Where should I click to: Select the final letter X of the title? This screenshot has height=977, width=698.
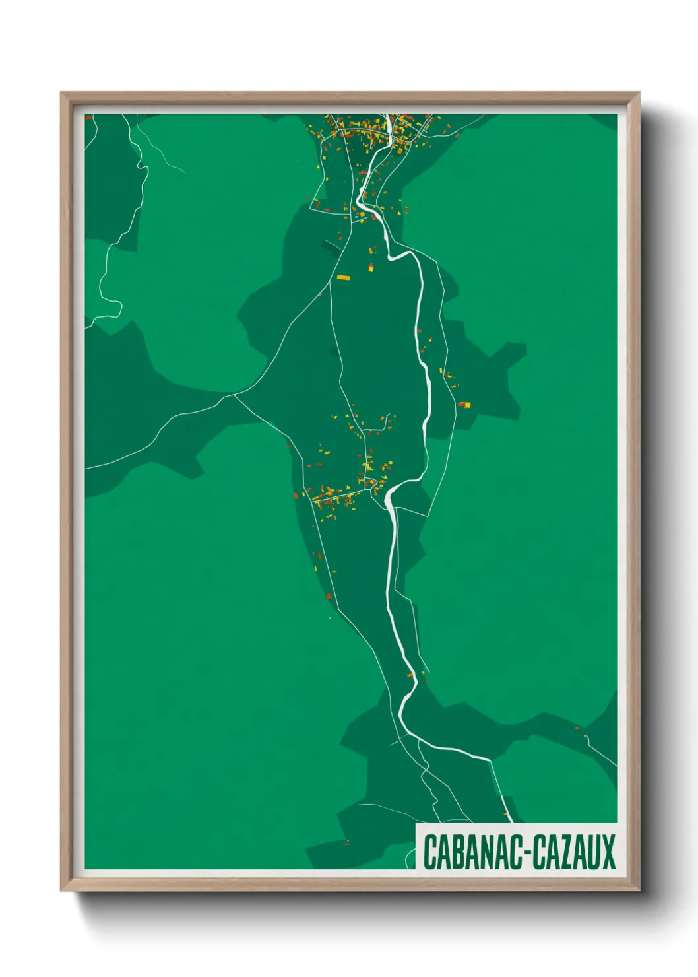point(608,852)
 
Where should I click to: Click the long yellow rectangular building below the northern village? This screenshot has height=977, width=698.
point(343,277)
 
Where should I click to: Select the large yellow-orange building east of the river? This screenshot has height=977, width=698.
point(465,405)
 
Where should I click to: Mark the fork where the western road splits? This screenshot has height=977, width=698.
point(235,396)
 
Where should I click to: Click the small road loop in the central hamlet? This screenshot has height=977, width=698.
point(373,484)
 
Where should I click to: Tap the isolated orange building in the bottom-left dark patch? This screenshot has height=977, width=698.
point(347,842)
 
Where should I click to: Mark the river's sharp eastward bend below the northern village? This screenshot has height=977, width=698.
point(393,256)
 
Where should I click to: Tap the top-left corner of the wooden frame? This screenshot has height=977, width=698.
point(62,94)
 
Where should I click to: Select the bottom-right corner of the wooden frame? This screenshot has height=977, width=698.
point(639,890)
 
